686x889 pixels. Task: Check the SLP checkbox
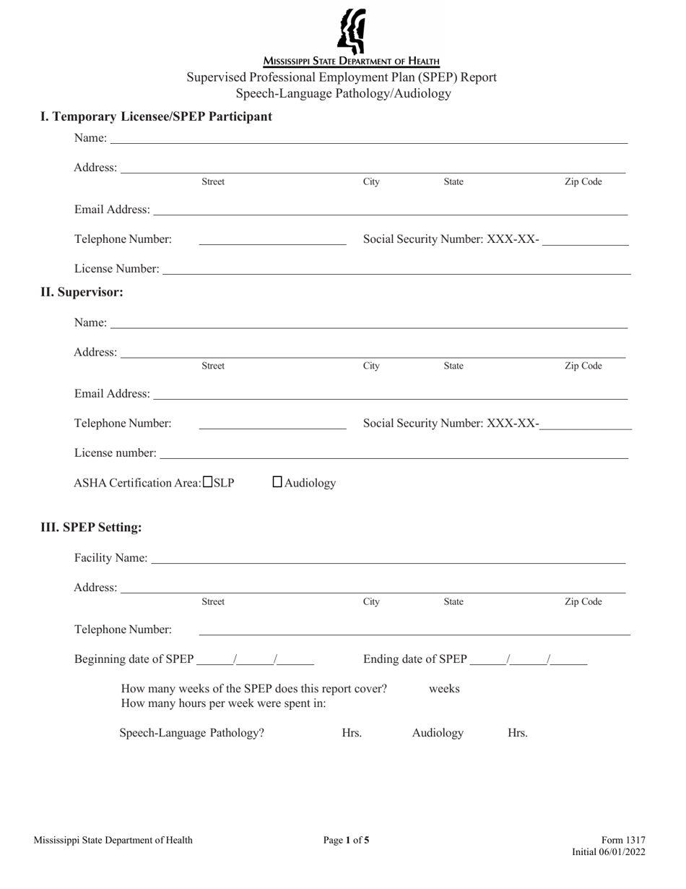(x=208, y=482)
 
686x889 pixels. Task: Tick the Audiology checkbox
(x=278, y=482)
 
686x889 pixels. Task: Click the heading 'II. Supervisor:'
(x=82, y=292)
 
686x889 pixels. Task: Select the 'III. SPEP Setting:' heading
(x=91, y=527)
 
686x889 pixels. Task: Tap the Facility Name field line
(x=388, y=558)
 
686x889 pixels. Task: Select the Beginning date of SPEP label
(x=134, y=659)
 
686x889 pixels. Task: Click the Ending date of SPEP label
(x=415, y=659)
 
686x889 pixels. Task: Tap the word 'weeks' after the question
(x=444, y=689)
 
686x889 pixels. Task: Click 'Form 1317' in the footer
(x=624, y=840)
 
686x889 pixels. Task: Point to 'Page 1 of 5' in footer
(x=347, y=840)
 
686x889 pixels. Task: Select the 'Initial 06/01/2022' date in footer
(x=609, y=852)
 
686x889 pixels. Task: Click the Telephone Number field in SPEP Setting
(x=414, y=630)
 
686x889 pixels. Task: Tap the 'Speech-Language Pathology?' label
(x=192, y=733)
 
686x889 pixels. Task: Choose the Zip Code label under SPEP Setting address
(x=583, y=601)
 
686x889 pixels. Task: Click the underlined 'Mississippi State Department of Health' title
(x=351, y=61)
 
